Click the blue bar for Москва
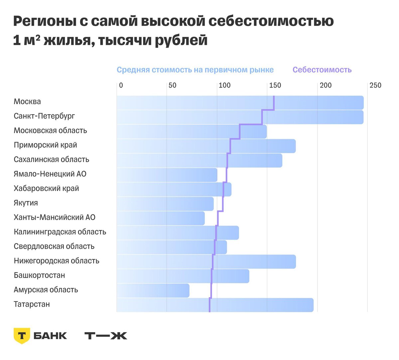click(239, 103)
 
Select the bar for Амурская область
click(153, 291)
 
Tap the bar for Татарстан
click(215, 305)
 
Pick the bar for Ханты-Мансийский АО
click(161, 218)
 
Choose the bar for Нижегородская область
click(206, 262)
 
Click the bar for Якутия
click(165, 204)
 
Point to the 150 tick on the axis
click(275, 85)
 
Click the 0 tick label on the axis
click(121, 85)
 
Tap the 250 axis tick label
click(375, 85)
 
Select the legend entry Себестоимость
click(322, 70)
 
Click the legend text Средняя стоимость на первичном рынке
click(195, 70)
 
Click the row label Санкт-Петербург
click(44, 116)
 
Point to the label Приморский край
click(45, 145)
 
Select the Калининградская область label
click(60, 232)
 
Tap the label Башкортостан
click(39, 275)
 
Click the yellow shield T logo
click(22, 335)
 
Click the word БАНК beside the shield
click(50, 336)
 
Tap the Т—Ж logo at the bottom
click(106, 336)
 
